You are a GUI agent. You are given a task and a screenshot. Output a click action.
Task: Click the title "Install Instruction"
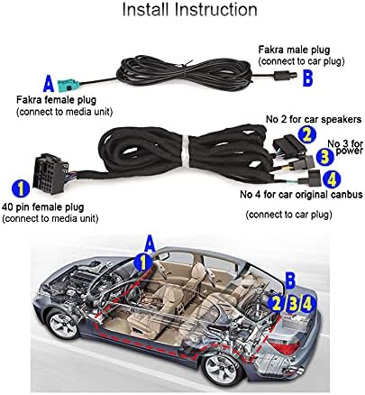(189, 10)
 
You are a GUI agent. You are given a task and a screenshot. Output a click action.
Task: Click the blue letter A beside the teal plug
(49, 84)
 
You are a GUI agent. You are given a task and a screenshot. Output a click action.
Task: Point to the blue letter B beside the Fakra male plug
(308, 78)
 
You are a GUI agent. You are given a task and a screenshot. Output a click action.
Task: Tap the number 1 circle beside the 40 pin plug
(21, 188)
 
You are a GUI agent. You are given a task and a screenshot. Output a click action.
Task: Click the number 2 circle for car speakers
(306, 135)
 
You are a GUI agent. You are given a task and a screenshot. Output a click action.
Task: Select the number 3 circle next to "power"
(324, 158)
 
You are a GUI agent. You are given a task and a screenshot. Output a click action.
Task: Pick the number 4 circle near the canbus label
(332, 179)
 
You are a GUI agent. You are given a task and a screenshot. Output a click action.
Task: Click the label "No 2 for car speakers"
(314, 119)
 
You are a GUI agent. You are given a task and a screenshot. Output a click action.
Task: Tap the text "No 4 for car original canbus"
(301, 195)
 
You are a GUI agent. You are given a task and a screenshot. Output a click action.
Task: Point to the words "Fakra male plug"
(294, 50)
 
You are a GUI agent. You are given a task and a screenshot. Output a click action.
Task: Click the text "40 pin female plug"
(43, 207)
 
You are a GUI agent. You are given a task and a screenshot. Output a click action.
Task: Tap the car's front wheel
(63, 326)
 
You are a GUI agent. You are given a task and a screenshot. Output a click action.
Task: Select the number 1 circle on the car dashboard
(143, 262)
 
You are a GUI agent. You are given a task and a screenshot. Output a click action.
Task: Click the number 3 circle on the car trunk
(293, 304)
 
